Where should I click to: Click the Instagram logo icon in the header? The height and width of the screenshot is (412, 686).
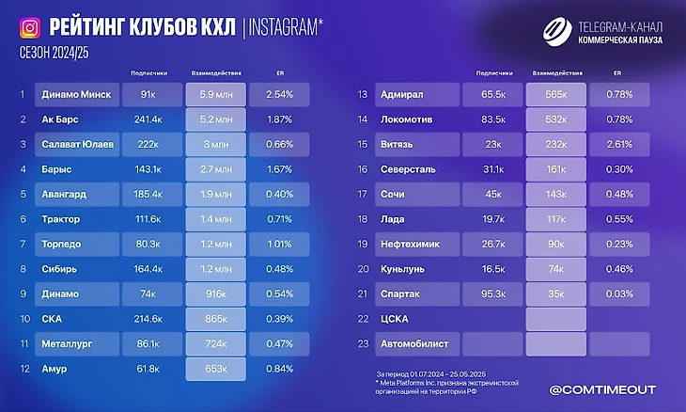30,28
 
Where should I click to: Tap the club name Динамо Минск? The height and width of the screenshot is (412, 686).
77,95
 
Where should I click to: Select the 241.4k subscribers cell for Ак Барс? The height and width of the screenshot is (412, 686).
149,119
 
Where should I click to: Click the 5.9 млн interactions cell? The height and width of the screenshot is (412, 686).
216,95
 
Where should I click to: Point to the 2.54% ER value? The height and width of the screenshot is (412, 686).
280,95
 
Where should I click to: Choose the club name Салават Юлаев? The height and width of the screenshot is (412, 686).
78,144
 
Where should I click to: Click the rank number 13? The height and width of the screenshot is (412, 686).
362,95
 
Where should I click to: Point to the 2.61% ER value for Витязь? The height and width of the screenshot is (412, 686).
618,144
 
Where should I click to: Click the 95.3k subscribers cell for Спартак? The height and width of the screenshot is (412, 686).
494,293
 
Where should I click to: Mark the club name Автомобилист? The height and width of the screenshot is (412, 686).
420,343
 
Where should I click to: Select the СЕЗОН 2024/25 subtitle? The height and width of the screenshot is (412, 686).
52,55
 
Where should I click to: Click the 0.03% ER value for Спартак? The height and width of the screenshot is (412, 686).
618,293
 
